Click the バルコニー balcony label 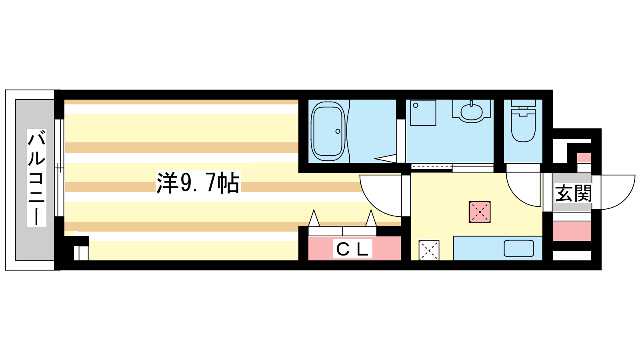click(x=36, y=178)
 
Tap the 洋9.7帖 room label click(x=198, y=183)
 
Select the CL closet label click(x=352, y=249)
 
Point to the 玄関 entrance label click(x=573, y=193)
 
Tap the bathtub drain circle click(x=338, y=132)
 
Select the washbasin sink click(x=472, y=112)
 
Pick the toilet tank click(x=523, y=103)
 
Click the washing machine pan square click(x=423, y=113)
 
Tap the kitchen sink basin click(x=519, y=248)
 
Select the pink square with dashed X click(x=480, y=212)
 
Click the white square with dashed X click(x=429, y=250)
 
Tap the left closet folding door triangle click(x=314, y=218)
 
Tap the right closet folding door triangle click(x=371, y=218)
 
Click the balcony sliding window click(x=59, y=168)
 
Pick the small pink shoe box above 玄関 click(x=584, y=158)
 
